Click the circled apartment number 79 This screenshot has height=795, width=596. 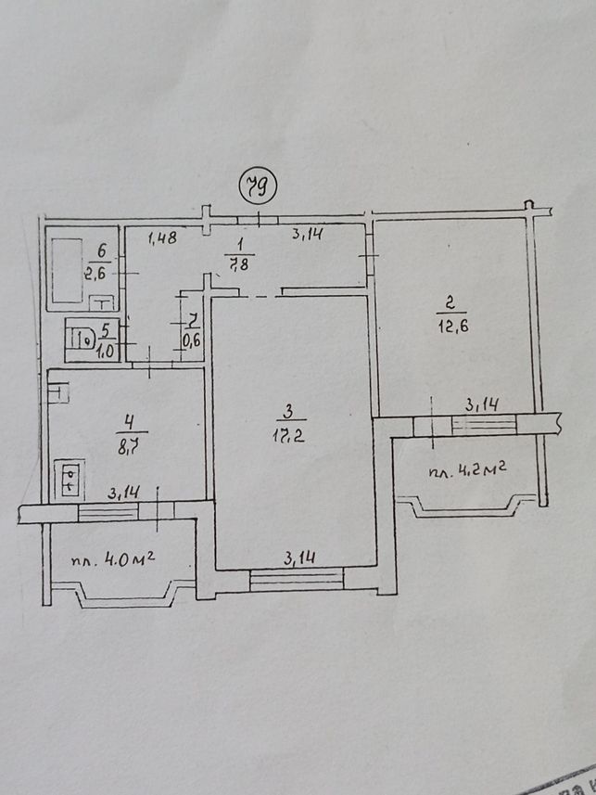(x=258, y=188)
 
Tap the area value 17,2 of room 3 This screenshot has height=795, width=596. (x=289, y=435)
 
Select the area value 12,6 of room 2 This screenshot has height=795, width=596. (x=452, y=326)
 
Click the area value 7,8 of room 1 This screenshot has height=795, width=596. (x=239, y=263)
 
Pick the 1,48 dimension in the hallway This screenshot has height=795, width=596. (x=163, y=237)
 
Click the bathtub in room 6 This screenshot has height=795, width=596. (x=67, y=270)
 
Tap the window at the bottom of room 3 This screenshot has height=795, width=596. (x=297, y=580)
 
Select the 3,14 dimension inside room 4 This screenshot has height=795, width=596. (x=124, y=494)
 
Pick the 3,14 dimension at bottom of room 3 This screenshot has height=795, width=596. (x=299, y=558)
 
